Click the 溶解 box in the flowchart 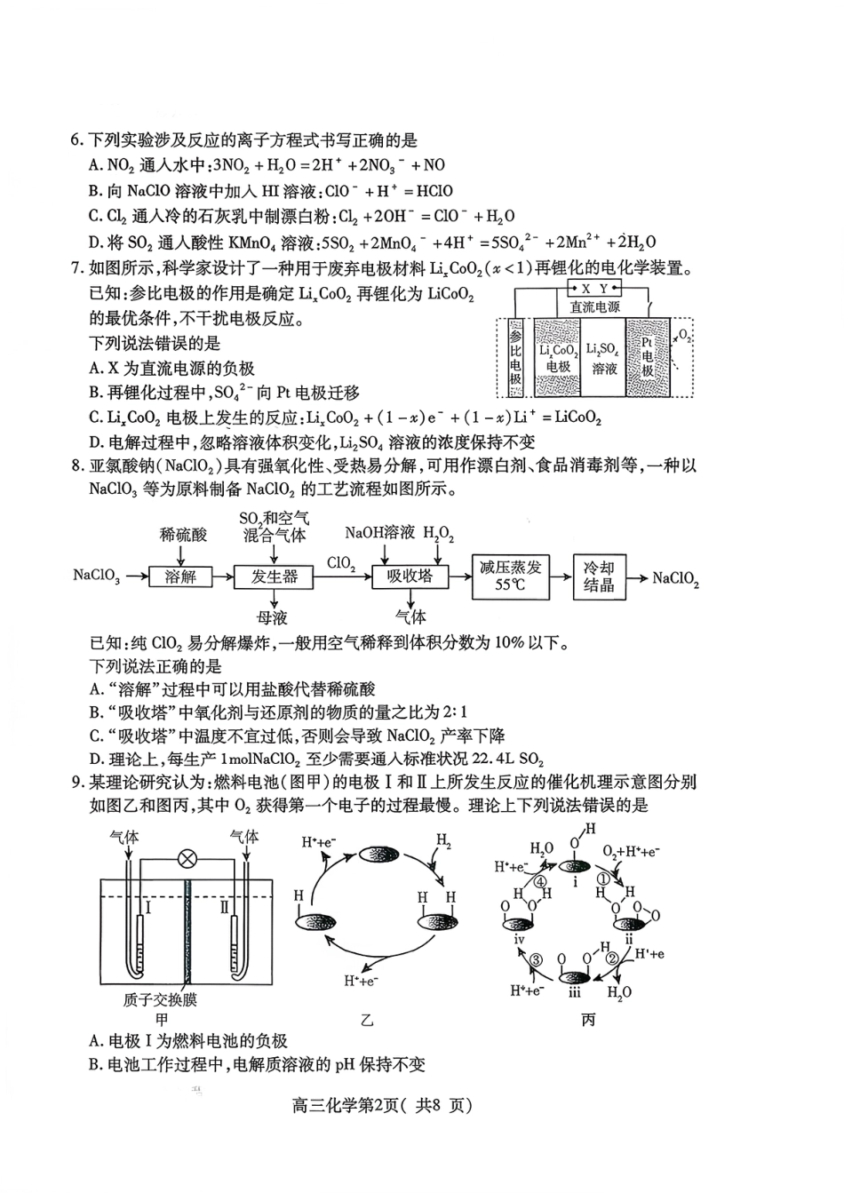click(x=180, y=577)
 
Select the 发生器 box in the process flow click(x=275, y=577)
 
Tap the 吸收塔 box click(x=409, y=576)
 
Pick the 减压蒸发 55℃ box click(x=510, y=576)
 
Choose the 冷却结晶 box click(x=599, y=576)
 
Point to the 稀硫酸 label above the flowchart click(x=182, y=534)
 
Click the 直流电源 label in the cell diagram click(x=595, y=306)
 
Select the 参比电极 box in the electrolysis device click(x=516, y=357)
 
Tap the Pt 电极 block click(x=647, y=357)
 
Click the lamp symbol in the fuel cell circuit click(x=187, y=859)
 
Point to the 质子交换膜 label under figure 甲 click(x=160, y=999)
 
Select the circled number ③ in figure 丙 click(x=537, y=959)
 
